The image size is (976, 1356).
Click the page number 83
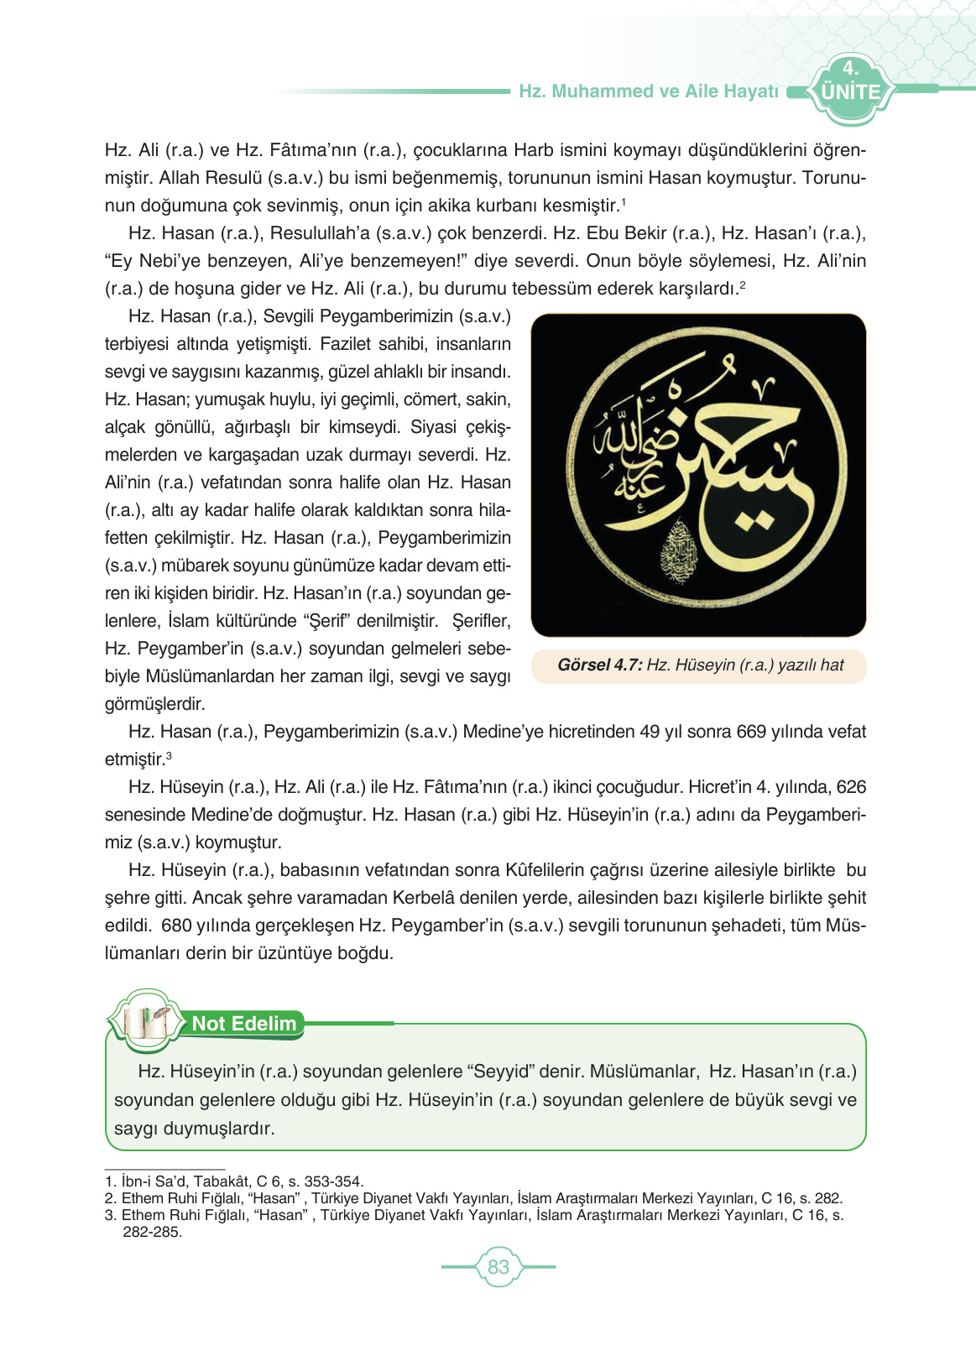(498, 1266)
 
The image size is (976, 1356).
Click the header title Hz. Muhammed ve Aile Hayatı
(648, 91)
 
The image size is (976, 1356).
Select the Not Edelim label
(244, 1024)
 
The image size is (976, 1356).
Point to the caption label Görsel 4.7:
(599, 665)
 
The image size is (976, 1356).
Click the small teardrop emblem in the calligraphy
(675, 552)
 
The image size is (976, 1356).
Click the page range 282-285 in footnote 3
(152, 1232)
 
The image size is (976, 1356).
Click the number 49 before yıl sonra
(650, 732)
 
